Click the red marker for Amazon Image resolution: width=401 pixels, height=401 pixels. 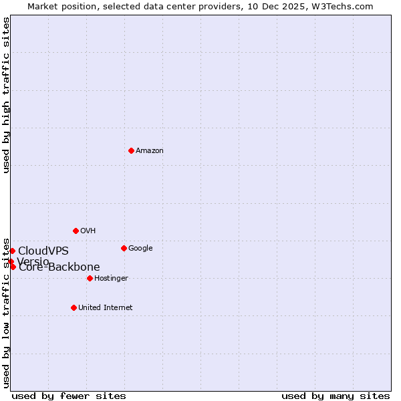(131, 150)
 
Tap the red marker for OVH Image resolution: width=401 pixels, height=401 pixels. (76, 231)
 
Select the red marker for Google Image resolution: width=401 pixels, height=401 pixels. (124, 248)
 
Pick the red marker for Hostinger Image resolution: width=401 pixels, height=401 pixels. (90, 278)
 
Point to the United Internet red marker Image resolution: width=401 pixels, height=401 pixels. (74, 307)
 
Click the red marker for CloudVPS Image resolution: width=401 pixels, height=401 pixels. (12, 251)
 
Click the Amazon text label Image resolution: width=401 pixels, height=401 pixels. (150, 151)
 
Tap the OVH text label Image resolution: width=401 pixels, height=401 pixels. (88, 231)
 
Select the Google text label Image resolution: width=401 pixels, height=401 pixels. (140, 249)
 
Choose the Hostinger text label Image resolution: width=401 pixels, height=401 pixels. (111, 279)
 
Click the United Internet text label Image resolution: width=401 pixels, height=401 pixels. (106, 308)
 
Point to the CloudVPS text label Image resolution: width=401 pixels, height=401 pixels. (43, 251)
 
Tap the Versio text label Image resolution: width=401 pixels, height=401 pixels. (33, 261)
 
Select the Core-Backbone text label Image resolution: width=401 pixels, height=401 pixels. (59, 267)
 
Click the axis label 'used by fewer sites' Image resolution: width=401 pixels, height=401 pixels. (69, 396)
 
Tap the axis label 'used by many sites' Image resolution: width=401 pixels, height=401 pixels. (336, 396)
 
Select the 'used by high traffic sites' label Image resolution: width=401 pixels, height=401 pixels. (7, 95)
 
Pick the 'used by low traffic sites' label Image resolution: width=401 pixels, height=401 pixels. (7, 312)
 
